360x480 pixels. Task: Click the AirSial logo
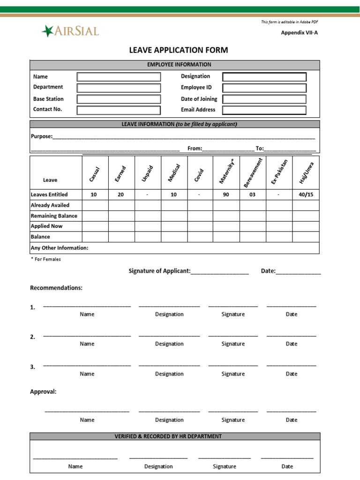click(x=70, y=31)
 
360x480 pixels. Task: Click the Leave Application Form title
click(x=179, y=50)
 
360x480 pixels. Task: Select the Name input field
click(x=119, y=77)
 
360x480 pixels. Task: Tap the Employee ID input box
click(x=264, y=88)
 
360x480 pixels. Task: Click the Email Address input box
click(x=264, y=110)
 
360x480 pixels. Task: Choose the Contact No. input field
click(x=119, y=110)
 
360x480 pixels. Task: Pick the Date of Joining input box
click(x=264, y=99)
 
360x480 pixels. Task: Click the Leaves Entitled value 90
click(x=226, y=195)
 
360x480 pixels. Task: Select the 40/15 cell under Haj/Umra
click(x=306, y=195)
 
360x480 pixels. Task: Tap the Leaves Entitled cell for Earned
click(x=120, y=195)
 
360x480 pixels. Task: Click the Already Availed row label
click(x=50, y=205)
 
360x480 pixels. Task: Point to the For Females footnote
click(x=46, y=259)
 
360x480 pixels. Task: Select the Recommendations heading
click(x=56, y=288)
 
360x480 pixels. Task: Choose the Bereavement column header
click(x=253, y=172)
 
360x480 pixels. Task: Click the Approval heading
click(x=44, y=392)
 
